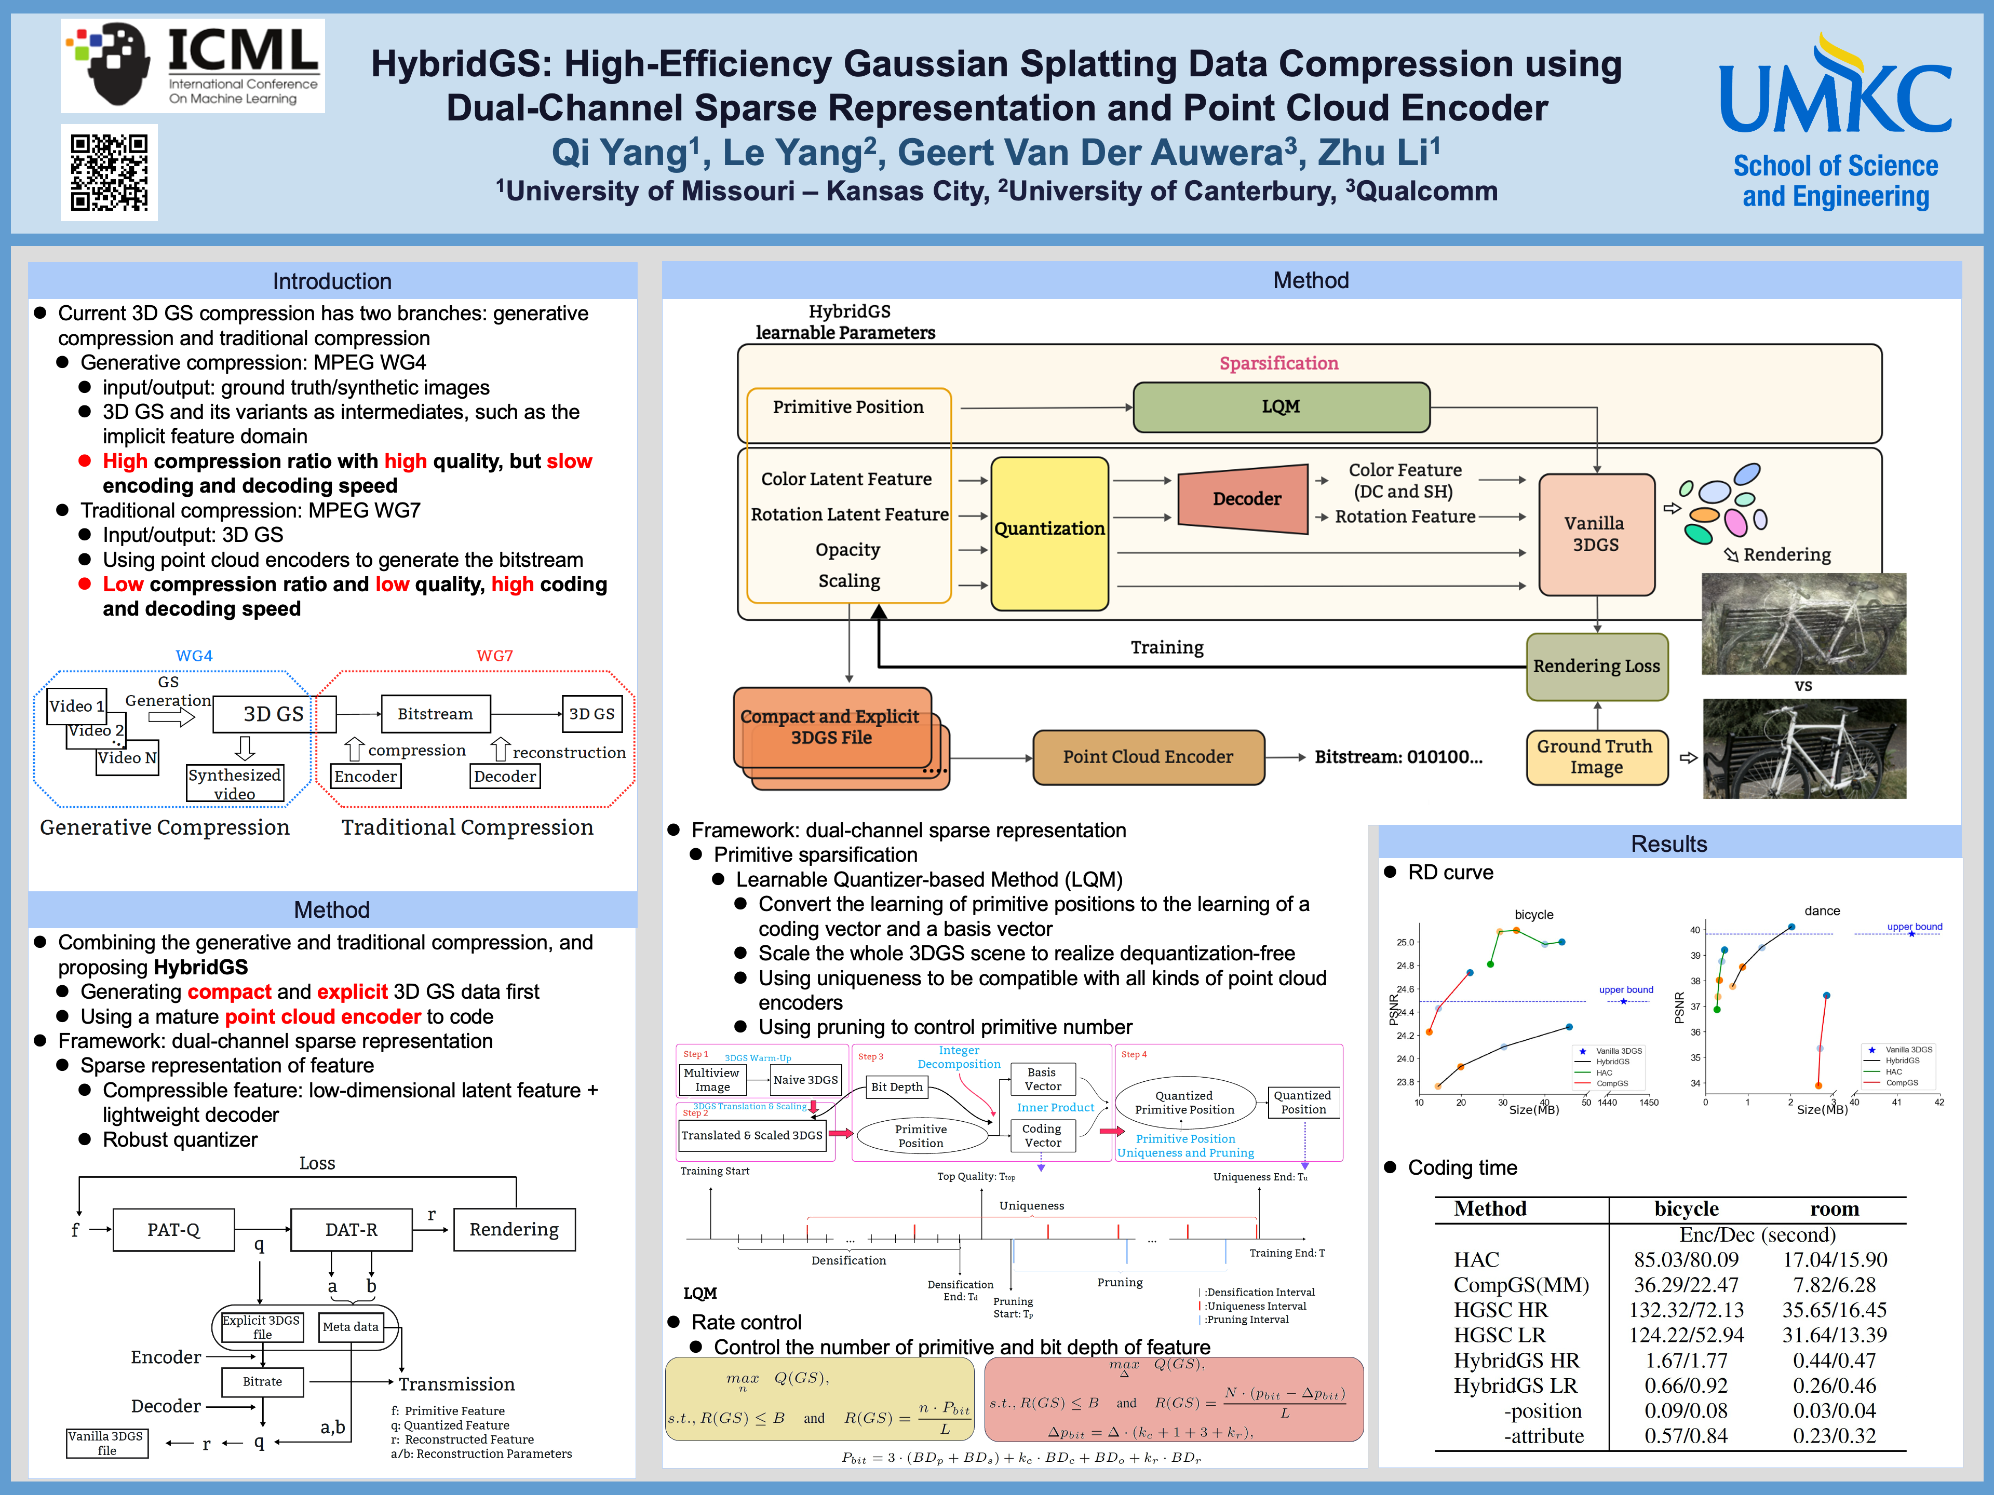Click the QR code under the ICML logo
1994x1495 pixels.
tap(109, 172)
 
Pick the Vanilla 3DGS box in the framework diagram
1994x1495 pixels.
tap(1596, 534)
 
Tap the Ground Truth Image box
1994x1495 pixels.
tap(1596, 757)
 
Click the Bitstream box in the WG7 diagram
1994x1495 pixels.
tap(435, 714)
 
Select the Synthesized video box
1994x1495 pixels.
tap(234, 784)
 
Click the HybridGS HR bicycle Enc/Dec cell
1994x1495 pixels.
tap(1686, 1361)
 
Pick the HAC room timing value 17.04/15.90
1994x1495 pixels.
tap(1835, 1260)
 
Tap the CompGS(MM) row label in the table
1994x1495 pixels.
tap(1521, 1285)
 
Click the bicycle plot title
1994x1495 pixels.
tap(1533, 915)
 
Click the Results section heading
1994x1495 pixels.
tap(1668, 845)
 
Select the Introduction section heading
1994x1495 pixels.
tap(332, 281)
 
